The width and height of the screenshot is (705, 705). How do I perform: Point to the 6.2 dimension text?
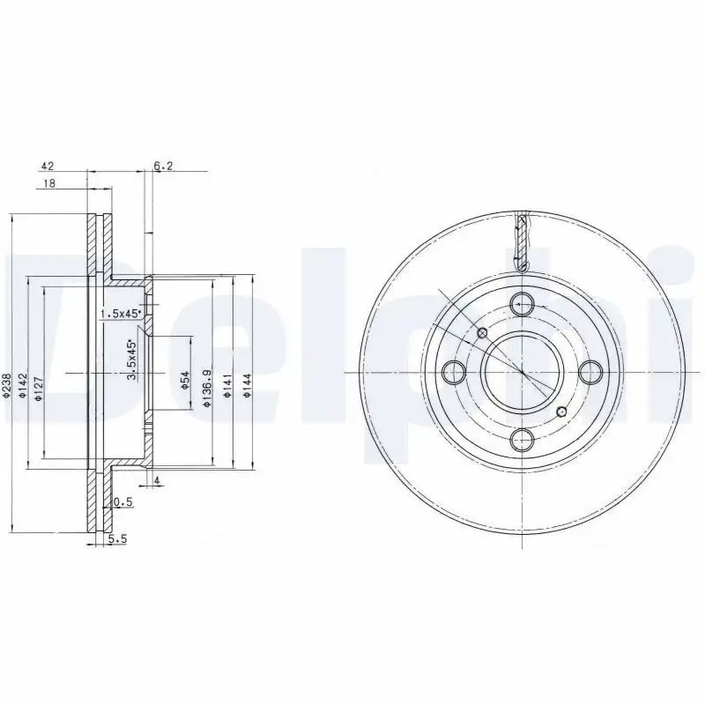click(164, 165)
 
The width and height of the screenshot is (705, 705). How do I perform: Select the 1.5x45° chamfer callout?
click(120, 314)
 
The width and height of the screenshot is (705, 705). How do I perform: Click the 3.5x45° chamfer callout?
click(132, 360)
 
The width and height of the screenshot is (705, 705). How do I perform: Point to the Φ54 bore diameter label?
click(186, 379)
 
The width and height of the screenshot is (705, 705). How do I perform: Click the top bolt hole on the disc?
click(522, 302)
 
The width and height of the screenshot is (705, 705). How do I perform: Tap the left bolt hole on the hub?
click(453, 371)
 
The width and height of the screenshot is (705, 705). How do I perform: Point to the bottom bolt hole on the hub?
click(522, 439)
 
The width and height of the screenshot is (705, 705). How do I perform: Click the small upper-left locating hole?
click(482, 332)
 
